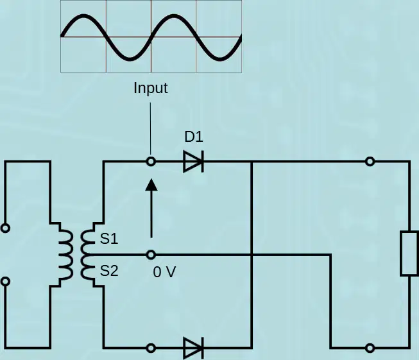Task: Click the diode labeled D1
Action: [194, 162]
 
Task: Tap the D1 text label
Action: [194, 137]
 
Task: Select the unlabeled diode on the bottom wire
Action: [194, 348]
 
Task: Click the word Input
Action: [151, 89]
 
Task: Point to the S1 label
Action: [109, 239]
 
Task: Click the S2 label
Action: [109, 271]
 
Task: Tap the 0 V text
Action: [165, 272]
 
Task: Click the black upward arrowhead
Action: [151, 185]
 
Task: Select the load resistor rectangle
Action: [409, 253]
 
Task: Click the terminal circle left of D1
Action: [151, 162]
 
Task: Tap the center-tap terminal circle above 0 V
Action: [151, 255]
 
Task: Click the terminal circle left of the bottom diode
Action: [151, 348]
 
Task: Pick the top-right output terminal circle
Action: [370, 162]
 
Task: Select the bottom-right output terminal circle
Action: [370, 348]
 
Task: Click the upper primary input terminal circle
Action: [5, 228]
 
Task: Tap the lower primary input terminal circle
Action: [5, 282]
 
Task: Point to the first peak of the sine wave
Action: [83, 16]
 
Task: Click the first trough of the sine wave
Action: [130, 58]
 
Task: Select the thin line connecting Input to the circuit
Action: [150, 128]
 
